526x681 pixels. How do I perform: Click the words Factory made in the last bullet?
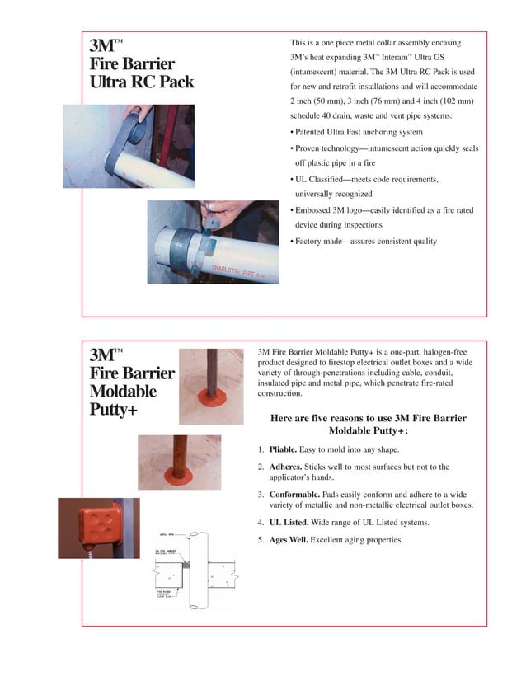click(x=324, y=241)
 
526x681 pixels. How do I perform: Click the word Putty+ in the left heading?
click(x=113, y=410)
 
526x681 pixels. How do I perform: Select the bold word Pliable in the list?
click(x=283, y=449)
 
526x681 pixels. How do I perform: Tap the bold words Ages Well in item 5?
click(x=294, y=540)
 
